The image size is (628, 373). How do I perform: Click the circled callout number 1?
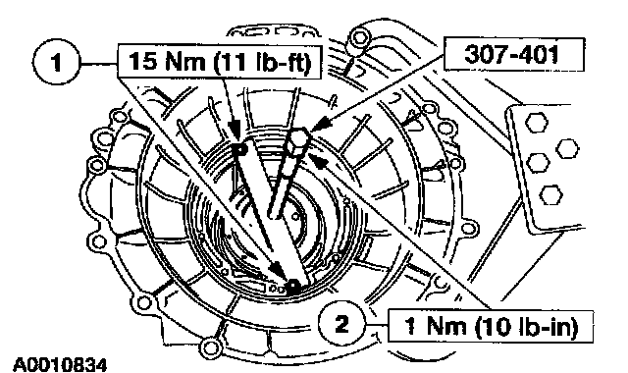pos(57,62)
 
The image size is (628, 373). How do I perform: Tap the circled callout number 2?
pos(342,324)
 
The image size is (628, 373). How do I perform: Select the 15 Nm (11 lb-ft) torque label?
pos(220,62)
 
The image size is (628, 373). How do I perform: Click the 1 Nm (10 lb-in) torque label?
pos(491,326)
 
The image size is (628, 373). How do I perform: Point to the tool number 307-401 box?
pos(513,54)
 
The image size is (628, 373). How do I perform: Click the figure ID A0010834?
pos(60,365)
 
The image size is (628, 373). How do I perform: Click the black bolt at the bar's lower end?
pos(293,286)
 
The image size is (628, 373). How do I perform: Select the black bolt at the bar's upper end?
pos(240,149)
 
